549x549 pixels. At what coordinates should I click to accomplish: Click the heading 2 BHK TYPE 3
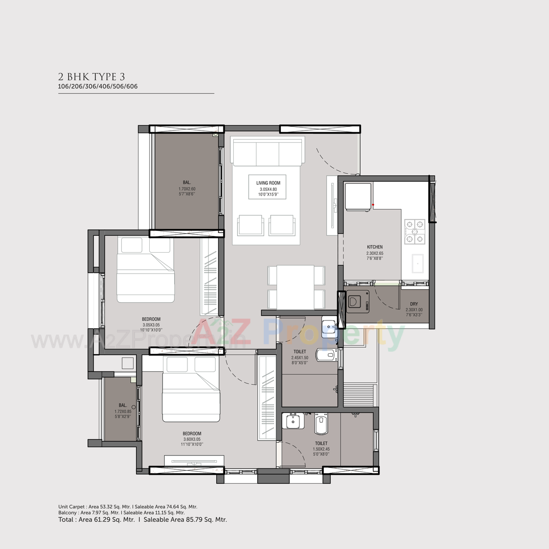tap(91, 77)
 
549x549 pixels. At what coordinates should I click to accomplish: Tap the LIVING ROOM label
tap(268, 183)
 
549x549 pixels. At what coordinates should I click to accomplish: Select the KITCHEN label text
tap(374, 247)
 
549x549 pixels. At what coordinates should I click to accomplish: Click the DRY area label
tap(414, 304)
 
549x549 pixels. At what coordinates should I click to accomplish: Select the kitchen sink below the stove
tap(417, 263)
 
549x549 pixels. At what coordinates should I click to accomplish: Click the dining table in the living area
tap(296, 287)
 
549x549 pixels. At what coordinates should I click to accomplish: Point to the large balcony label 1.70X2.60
tap(187, 189)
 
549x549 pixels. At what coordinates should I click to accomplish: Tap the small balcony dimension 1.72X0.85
tap(123, 411)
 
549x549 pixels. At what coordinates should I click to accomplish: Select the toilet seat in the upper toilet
tap(326, 355)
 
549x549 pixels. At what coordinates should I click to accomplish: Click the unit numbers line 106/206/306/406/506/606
tap(98, 86)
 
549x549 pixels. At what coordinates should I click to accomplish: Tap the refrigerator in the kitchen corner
tap(358, 197)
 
